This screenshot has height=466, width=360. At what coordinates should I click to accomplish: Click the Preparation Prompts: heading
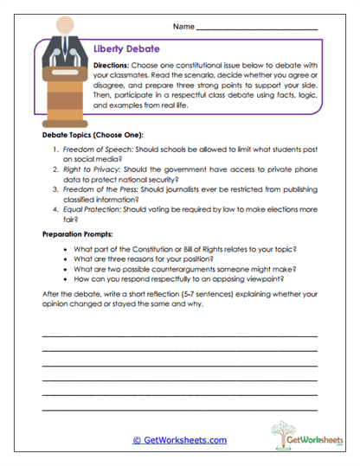(80, 234)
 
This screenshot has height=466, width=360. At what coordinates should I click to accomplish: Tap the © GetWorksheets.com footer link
(179, 440)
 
